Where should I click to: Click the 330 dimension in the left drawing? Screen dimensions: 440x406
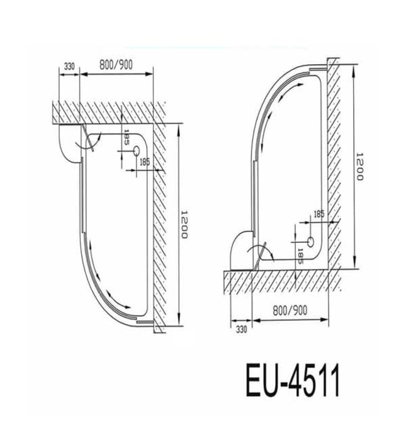pyautogui.click(x=69, y=66)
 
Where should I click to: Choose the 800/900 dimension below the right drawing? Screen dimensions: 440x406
pyautogui.click(x=290, y=310)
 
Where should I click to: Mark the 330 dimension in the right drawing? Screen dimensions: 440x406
pyautogui.click(x=240, y=327)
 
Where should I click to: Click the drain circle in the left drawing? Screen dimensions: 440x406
pyautogui.click(x=136, y=151)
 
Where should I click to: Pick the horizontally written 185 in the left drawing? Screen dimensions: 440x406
pyautogui.click(x=144, y=162)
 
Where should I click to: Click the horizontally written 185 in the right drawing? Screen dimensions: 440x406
pyautogui.click(x=319, y=214)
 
